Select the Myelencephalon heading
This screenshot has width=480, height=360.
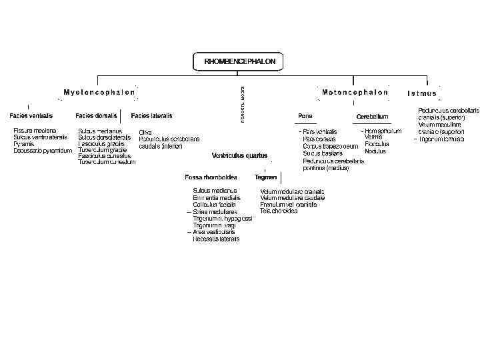coord(99,92)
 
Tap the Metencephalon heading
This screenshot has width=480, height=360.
coord(355,92)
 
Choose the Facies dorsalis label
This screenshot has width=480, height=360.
coord(96,115)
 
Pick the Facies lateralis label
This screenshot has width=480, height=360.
coord(152,115)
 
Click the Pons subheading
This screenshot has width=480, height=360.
coord(305,115)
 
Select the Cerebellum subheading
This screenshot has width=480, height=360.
coord(372,117)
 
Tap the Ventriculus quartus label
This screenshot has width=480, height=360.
coord(239,155)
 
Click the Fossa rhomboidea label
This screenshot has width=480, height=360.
coord(211,177)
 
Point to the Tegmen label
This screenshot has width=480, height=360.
coord(265,177)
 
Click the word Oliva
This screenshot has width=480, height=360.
coord(145,131)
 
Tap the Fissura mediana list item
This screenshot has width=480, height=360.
coord(35,131)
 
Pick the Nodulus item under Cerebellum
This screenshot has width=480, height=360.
coord(375,151)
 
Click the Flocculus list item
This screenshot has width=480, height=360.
coord(377,144)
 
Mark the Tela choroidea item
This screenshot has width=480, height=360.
coord(279,211)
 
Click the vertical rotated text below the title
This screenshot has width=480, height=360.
coord(241,103)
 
